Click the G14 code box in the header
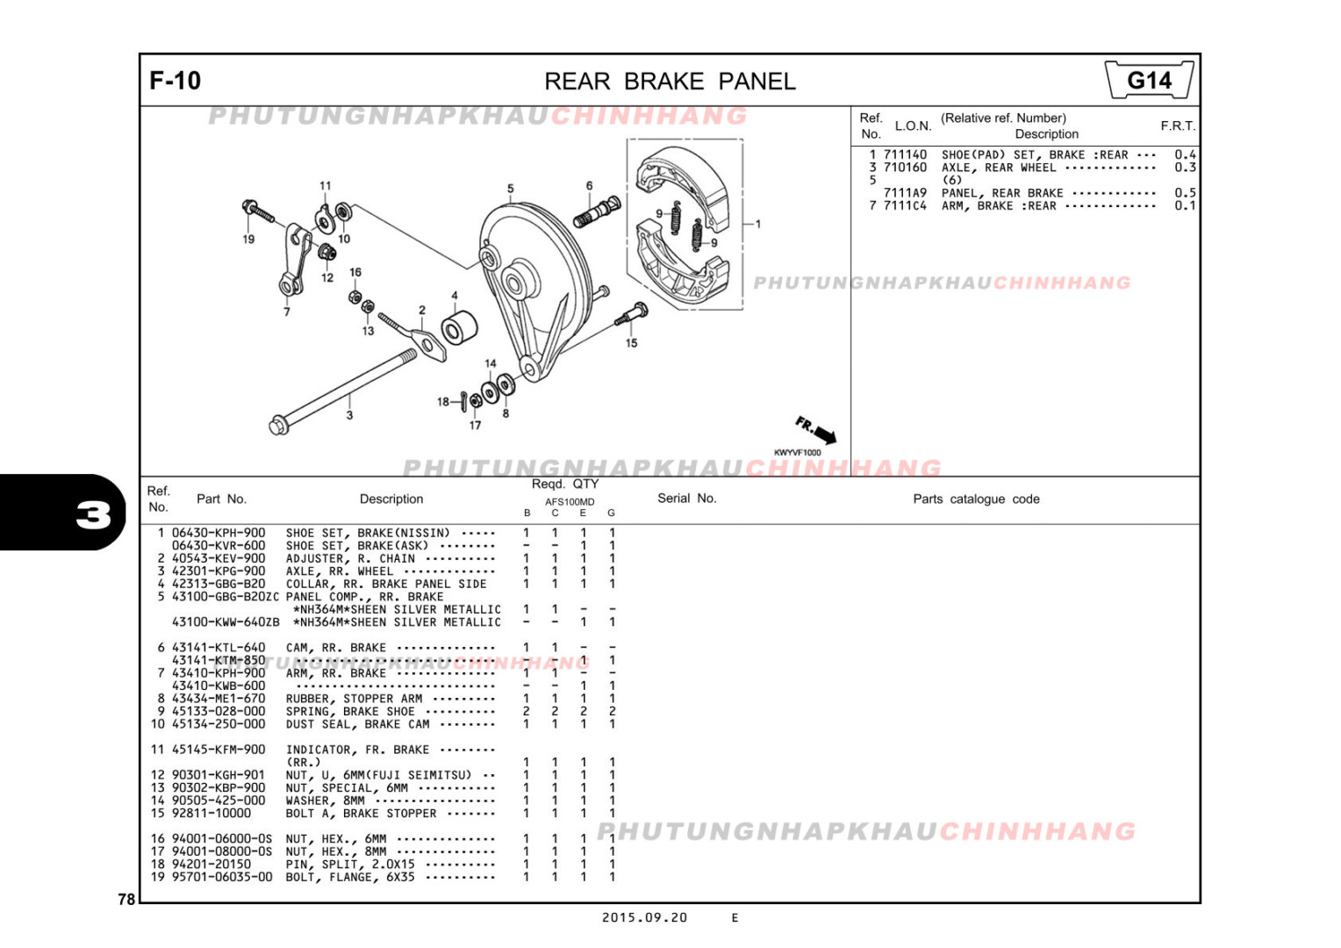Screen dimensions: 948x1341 point(1149,81)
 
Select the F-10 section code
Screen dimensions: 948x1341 point(176,81)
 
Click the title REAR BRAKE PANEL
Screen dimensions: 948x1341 point(670,82)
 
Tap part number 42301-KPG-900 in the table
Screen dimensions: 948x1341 point(219,571)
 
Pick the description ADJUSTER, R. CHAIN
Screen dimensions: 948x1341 point(350,558)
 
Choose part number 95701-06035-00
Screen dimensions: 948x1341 point(222,877)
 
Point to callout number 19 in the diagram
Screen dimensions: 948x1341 point(248,239)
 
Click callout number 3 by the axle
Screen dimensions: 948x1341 point(349,415)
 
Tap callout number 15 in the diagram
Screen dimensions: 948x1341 point(631,343)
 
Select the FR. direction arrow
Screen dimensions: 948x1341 point(816,430)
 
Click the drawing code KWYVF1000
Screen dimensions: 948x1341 point(797,453)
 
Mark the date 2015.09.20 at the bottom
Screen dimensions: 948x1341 point(644,918)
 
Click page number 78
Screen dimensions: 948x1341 point(126,899)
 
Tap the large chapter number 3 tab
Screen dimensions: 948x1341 point(93,514)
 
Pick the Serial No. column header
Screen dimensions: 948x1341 point(686,499)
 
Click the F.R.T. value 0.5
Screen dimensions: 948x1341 point(1185,193)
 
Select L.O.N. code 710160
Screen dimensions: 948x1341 point(905,168)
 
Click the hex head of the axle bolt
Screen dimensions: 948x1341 point(278,427)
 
